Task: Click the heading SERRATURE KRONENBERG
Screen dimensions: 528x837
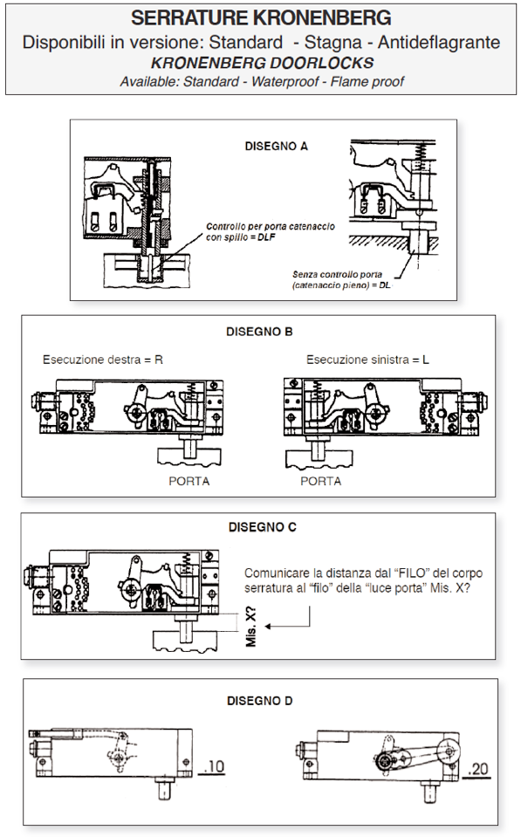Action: [x=261, y=18]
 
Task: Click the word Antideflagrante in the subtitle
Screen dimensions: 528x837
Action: [x=439, y=42]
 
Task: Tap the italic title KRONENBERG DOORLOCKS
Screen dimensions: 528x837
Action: [x=262, y=63]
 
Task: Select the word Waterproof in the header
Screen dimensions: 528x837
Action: [x=285, y=82]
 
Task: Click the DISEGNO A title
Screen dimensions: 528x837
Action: [x=276, y=147]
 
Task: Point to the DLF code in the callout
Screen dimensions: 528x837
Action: [x=266, y=237]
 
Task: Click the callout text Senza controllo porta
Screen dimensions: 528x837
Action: [x=337, y=274]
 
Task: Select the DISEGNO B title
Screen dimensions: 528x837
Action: [x=259, y=332]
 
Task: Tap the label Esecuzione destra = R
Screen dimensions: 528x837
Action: [x=102, y=360]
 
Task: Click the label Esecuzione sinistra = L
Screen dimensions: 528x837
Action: [x=367, y=360]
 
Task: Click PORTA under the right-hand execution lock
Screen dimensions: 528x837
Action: [x=189, y=481]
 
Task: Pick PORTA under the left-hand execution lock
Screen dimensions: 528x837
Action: [x=320, y=481]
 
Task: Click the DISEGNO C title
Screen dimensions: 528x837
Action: [x=262, y=527]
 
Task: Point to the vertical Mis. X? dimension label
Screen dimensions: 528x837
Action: [x=251, y=627]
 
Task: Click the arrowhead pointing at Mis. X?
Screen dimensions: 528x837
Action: [x=269, y=626]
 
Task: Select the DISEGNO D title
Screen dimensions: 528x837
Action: [x=259, y=701]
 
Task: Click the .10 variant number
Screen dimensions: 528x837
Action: [x=214, y=767]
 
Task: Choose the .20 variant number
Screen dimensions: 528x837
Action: [x=477, y=769]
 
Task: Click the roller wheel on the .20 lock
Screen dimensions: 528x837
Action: [x=448, y=751]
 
